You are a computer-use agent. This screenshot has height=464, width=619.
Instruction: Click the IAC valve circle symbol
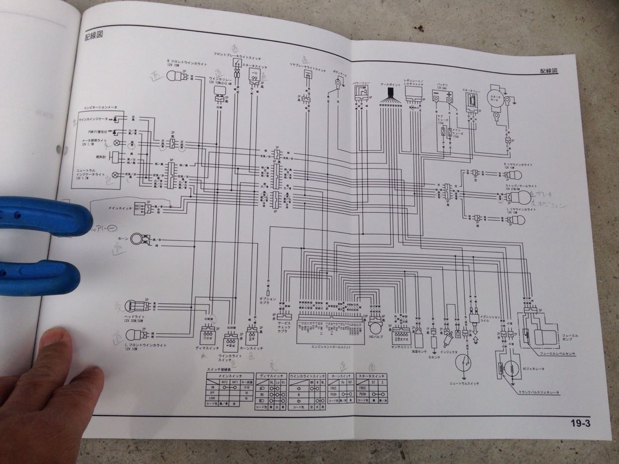(x=375, y=327)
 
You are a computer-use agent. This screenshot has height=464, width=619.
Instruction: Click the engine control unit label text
(x=331, y=347)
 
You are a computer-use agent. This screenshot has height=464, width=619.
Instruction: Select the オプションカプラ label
(x=268, y=301)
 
